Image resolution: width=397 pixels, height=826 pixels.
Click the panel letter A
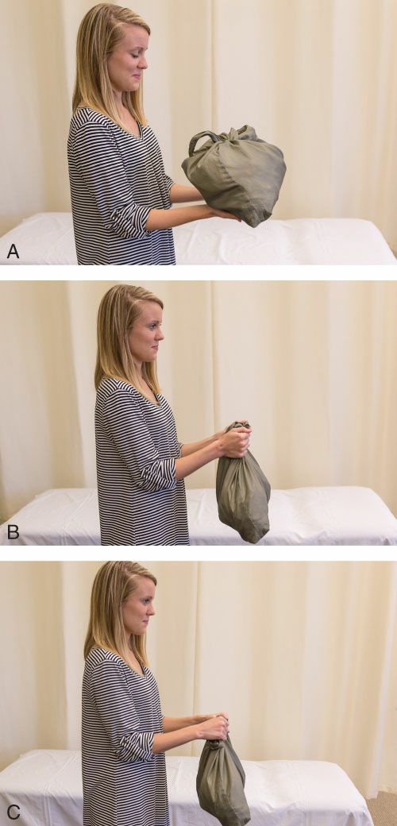(x=13, y=251)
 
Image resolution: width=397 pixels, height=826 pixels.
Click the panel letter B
(x=13, y=532)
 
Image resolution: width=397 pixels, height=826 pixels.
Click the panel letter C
(x=13, y=812)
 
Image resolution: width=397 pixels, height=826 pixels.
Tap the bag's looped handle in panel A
(x=202, y=138)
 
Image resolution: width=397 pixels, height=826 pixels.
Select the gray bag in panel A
(x=233, y=174)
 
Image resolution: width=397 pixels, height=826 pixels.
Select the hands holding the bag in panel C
(x=213, y=726)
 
